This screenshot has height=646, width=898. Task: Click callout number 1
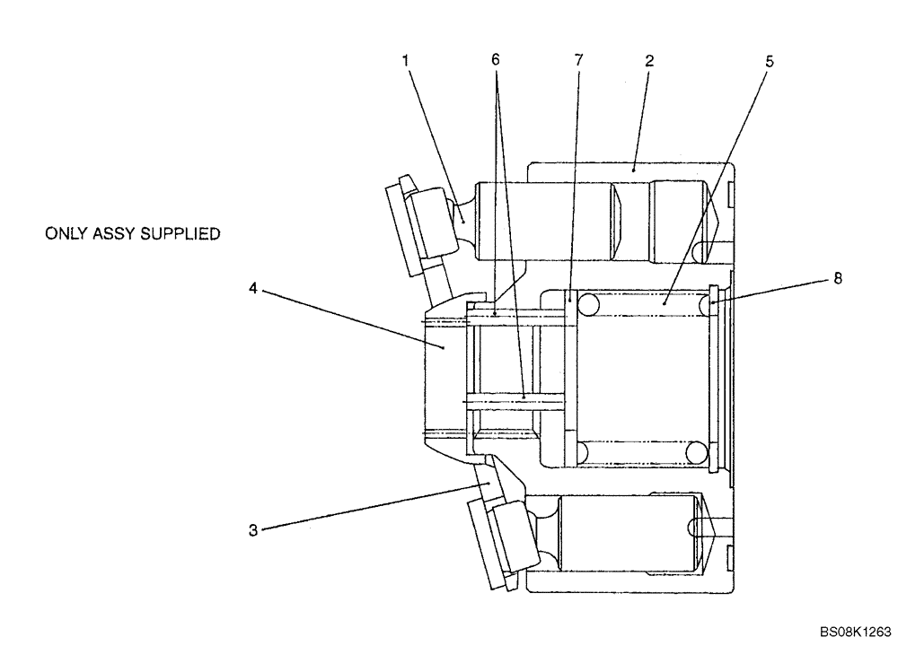pyautogui.click(x=406, y=61)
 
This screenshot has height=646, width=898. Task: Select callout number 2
pyautogui.click(x=649, y=61)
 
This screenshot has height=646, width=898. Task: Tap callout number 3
pyautogui.click(x=254, y=530)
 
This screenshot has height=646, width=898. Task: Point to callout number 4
pyautogui.click(x=254, y=290)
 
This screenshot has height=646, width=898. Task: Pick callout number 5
pyautogui.click(x=770, y=61)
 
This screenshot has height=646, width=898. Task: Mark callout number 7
pyautogui.click(x=578, y=61)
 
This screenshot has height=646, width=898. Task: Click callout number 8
pyautogui.click(x=837, y=280)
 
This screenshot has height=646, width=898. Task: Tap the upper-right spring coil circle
pyautogui.click(x=697, y=306)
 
